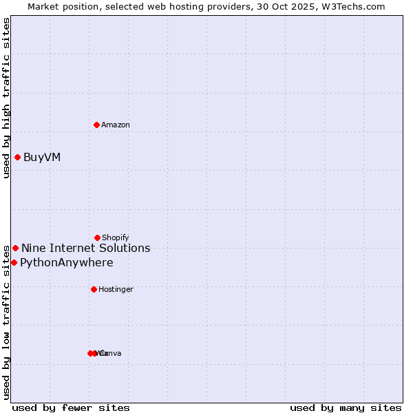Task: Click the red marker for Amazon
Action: [x=96, y=125]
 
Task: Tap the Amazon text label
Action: [x=116, y=125]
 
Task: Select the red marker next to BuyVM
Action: [x=17, y=157]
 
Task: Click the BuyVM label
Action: [x=42, y=157]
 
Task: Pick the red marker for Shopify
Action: [x=97, y=237]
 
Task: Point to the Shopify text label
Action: [x=116, y=237]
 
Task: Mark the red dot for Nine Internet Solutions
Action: [x=15, y=248]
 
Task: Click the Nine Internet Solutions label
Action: [x=85, y=248]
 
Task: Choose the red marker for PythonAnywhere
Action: [x=14, y=262]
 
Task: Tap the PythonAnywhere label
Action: [x=67, y=262]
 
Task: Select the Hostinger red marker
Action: [x=94, y=289]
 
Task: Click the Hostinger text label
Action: [x=116, y=289]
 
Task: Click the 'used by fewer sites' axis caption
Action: [x=71, y=407]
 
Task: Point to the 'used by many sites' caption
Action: [x=346, y=407]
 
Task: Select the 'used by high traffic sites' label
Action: [x=6, y=98]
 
